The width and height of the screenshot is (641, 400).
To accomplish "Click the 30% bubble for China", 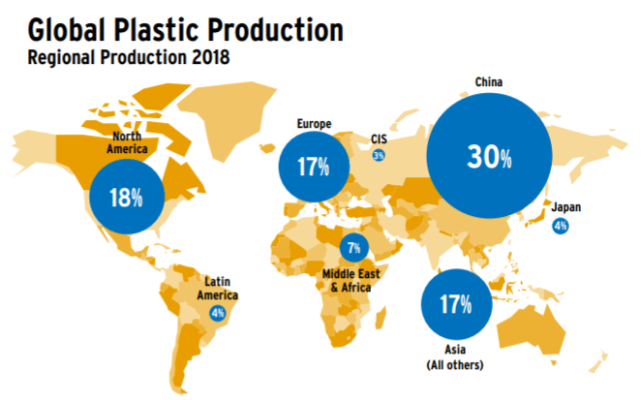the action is click(489, 156).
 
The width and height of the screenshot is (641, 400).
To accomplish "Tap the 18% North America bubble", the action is click(127, 197).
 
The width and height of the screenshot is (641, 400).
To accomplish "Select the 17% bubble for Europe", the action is click(314, 167).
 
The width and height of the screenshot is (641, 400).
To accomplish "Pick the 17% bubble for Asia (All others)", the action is click(456, 304).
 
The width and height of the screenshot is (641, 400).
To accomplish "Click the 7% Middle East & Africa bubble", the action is click(354, 247).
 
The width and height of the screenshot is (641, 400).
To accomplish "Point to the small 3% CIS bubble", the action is click(379, 155).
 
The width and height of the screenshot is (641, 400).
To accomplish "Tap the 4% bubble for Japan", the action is click(560, 226).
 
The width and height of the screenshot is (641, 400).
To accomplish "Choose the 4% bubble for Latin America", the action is click(218, 313).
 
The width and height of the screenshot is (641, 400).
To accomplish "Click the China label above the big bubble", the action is click(489, 82).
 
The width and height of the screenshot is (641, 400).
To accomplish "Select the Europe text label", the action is click(314, 124).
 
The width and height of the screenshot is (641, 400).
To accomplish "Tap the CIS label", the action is click(379, 139).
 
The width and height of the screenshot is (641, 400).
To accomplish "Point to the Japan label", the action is click(566, 207).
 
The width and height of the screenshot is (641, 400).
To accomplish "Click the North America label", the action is click(127, 142).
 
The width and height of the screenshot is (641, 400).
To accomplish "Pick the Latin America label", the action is click(218, 289).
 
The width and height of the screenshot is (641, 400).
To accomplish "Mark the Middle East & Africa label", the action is click(351, 281).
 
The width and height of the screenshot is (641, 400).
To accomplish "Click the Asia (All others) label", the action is click(455, 357).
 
